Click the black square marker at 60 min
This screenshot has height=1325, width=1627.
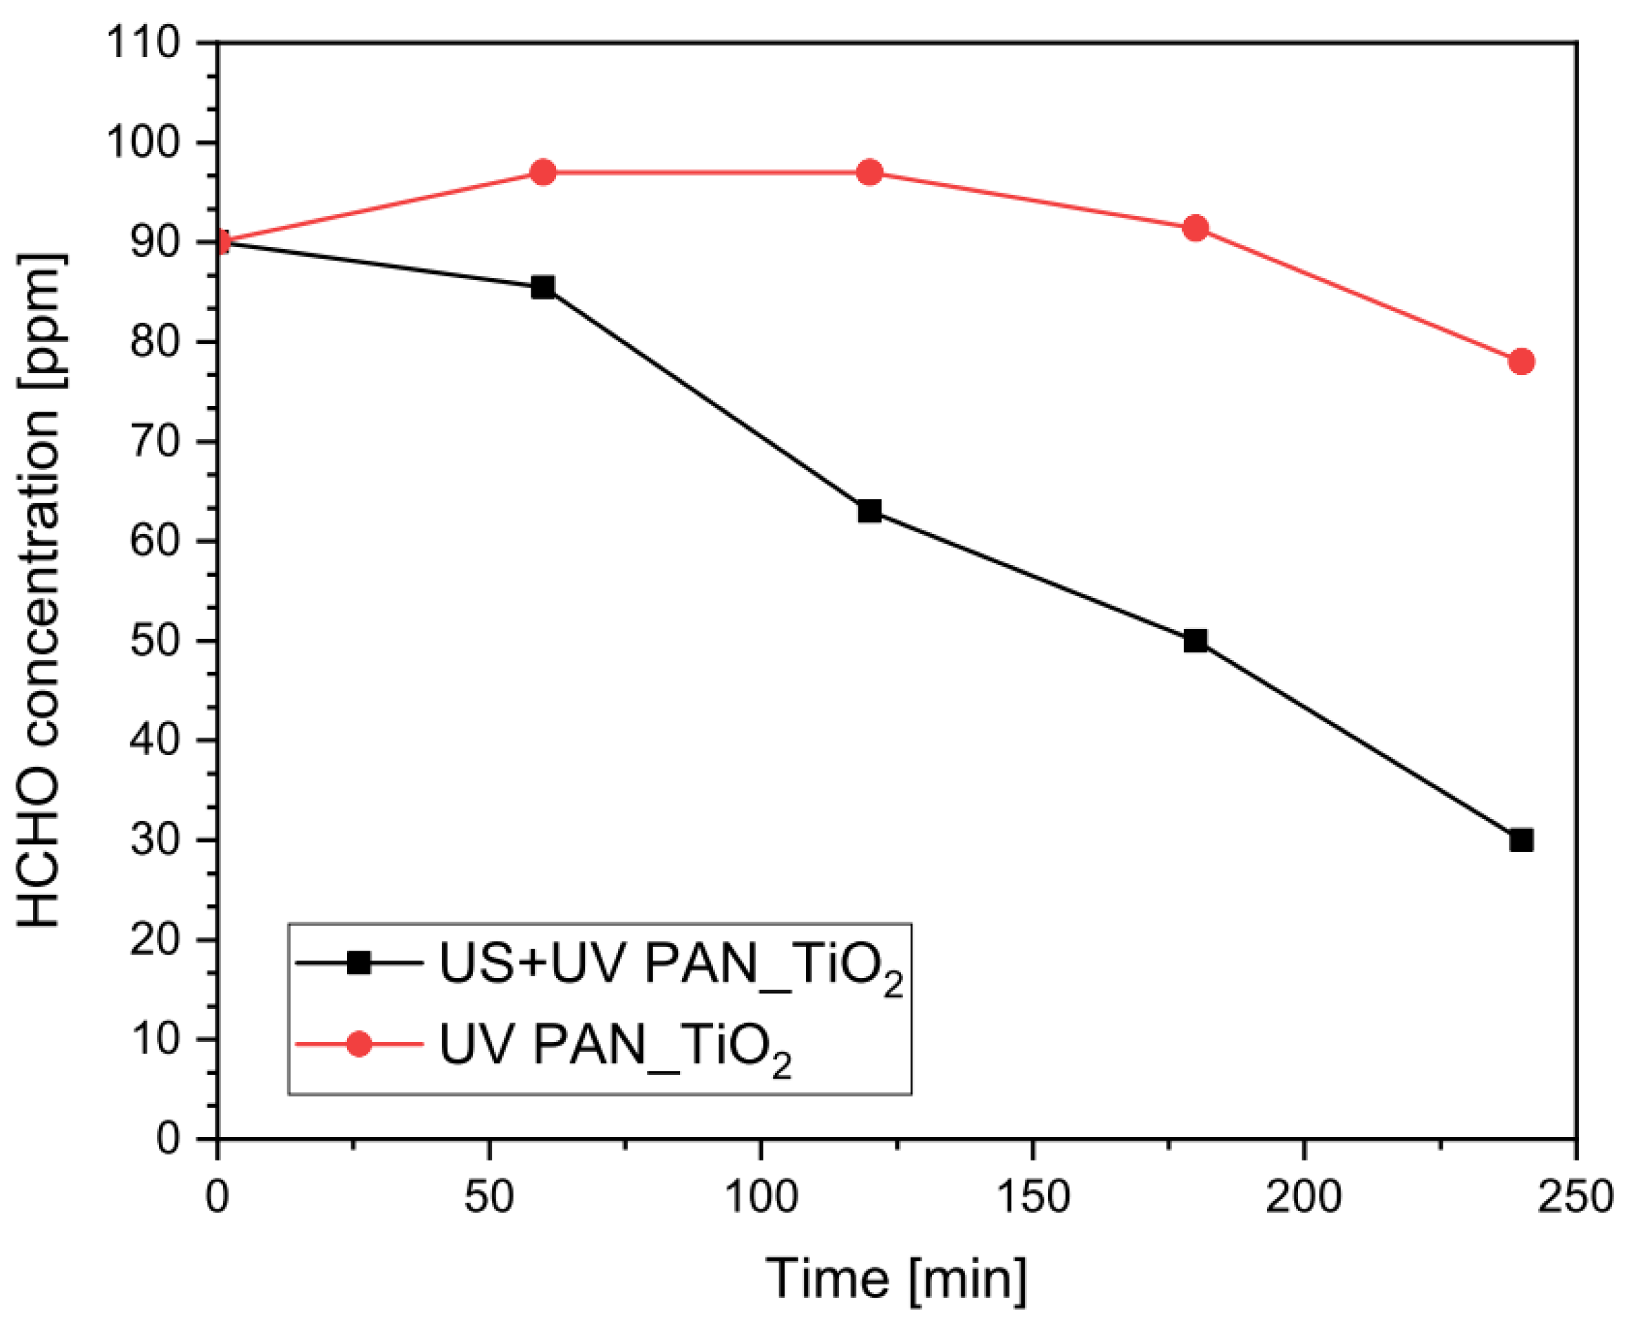pyautogui.click(x=542, y=288)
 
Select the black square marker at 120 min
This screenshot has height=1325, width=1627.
pyautogui.click(x=869, y=511)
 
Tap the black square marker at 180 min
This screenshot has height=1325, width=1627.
pyautogui.click(x=1195, y=640)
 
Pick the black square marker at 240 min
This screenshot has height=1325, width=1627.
pyautogui.click(x=1521, y=840)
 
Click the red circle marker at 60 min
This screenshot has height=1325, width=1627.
pyautogui.click(x=542, y=173)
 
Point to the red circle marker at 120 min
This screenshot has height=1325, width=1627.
pyautogui.click(x=869, y=173)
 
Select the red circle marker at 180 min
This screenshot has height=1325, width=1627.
pyautogui.click(x=1195, y=229)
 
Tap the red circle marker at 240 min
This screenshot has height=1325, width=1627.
pyautogui.click(x=1521, y=361)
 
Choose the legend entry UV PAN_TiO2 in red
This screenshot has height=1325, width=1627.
pyautogui.click(x=615, y=1045)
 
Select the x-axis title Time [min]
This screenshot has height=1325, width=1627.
pyautogui.click(x=897, y=1278)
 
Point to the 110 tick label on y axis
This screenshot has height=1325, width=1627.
pyautogui.click(x=142, y=43)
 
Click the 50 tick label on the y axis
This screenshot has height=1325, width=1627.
pyautogui.click(x=155, y=640)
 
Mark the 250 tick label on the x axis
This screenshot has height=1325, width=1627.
pyautogui.click(x=1575, y=1197)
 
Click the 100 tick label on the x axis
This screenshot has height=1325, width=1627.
pyautogui.click(x=761, y=1197)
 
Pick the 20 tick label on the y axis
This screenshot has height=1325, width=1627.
pyautogui.click(x=155, y=940)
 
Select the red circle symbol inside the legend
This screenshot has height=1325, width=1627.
pyautogui.click(x=359, y=1043)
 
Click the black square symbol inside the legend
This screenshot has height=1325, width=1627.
pyautogui.click(x=359, y=963)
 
